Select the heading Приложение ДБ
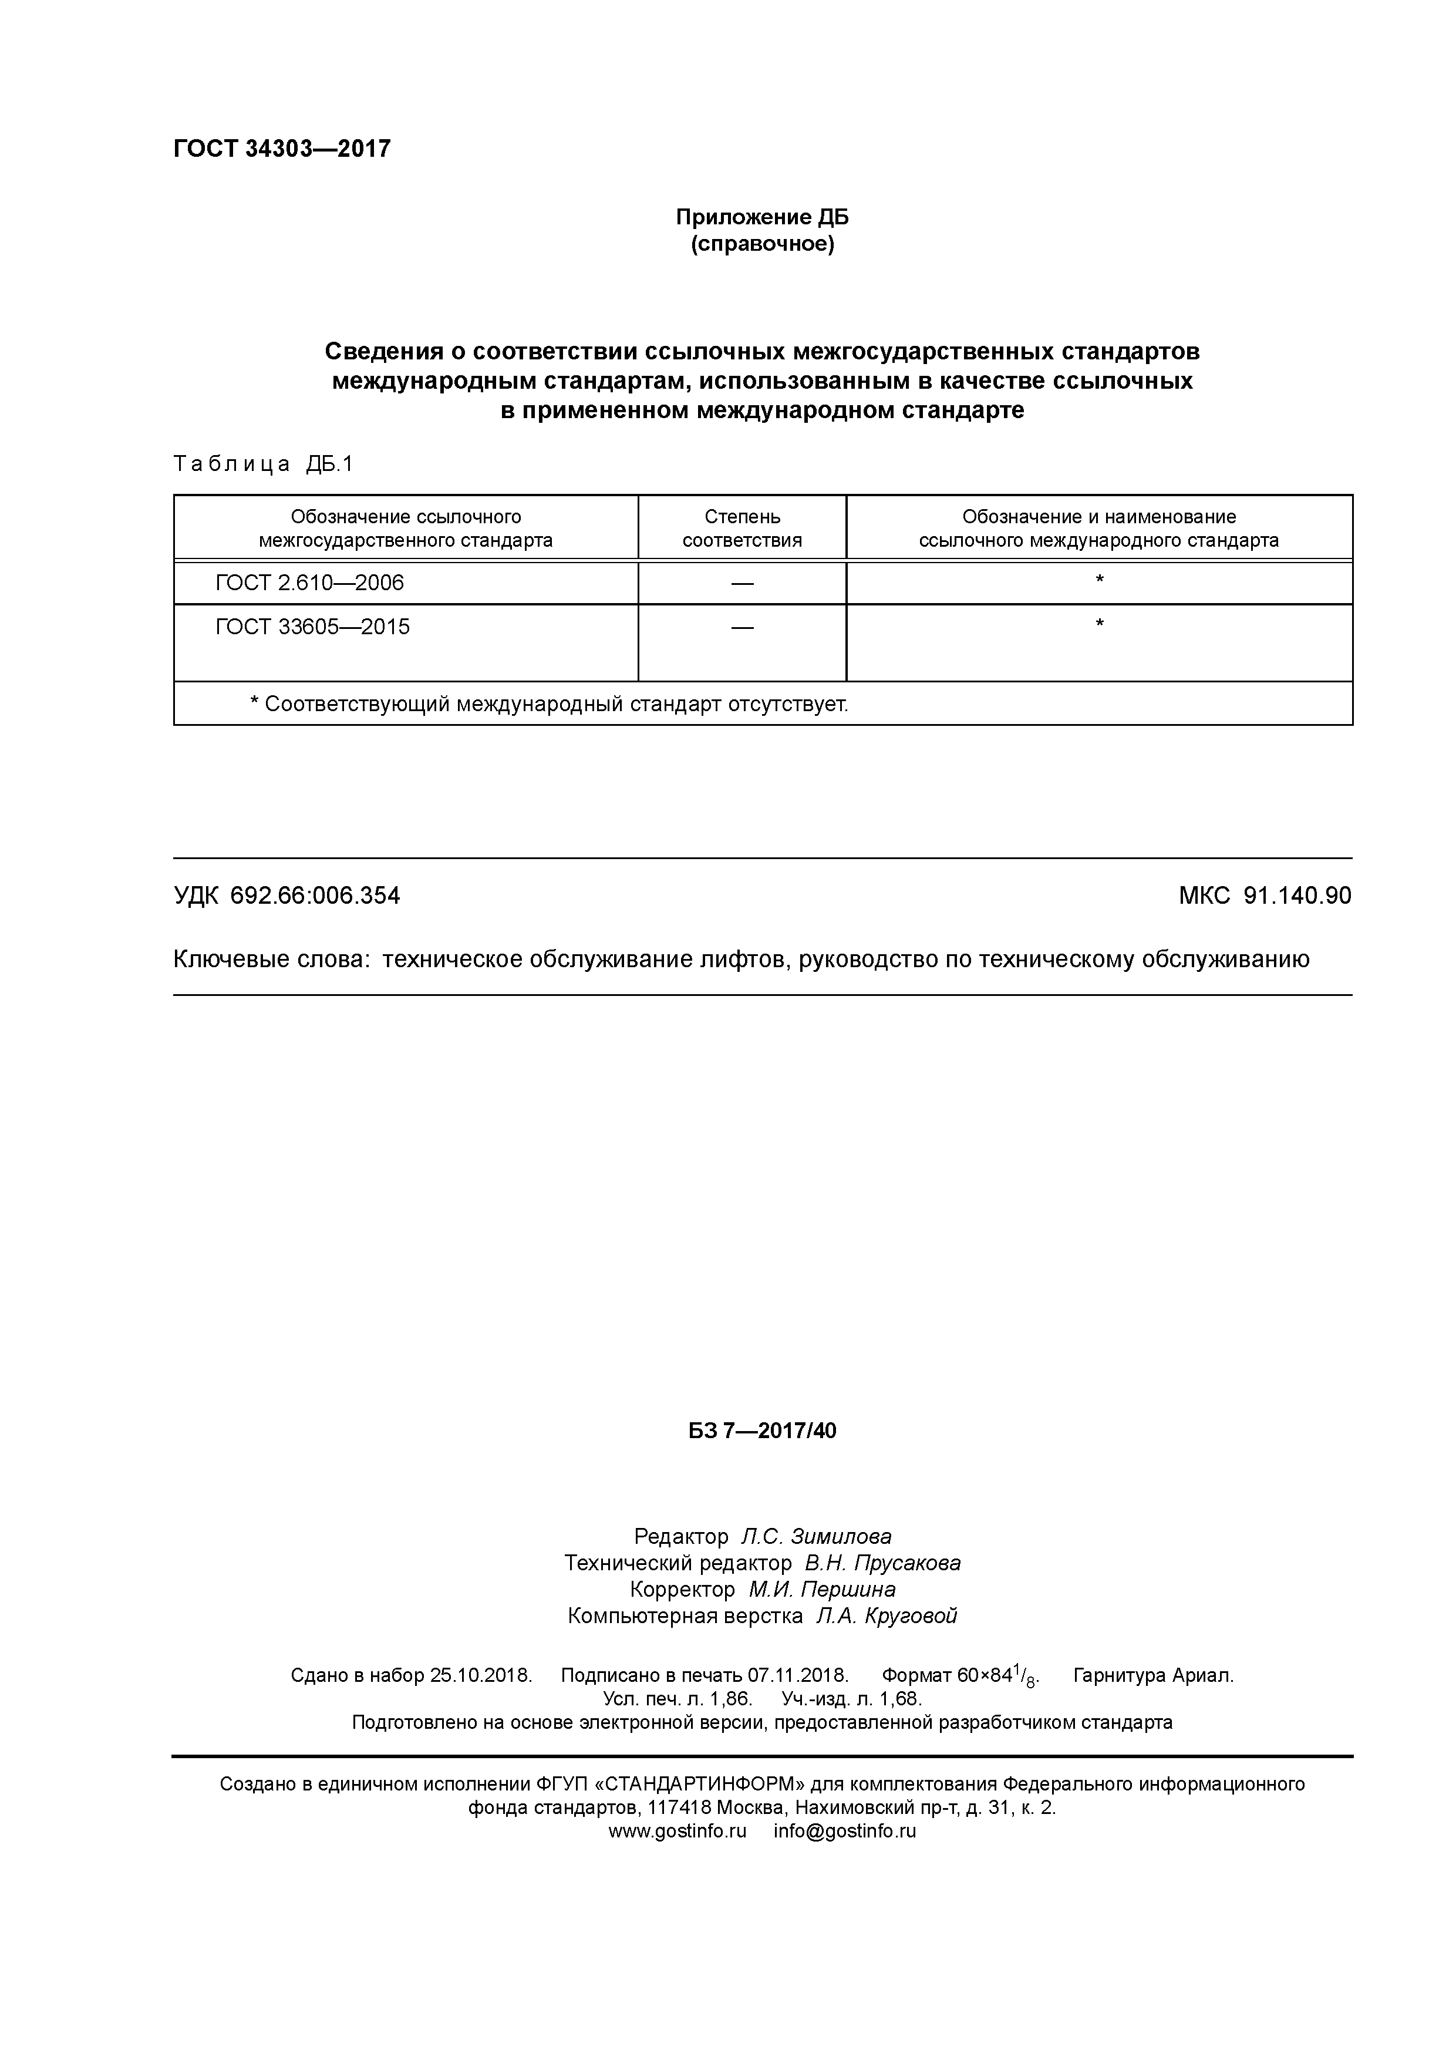[761, 217]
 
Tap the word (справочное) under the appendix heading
[761, 244]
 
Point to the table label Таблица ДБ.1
[264, 464]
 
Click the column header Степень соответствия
[742, 529]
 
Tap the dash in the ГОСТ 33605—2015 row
[742, 627]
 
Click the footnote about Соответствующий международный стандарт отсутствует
[548, 704]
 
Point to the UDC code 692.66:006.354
[315, 896]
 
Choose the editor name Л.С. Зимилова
[815, 1536]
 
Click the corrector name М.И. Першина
[822, 1589]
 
